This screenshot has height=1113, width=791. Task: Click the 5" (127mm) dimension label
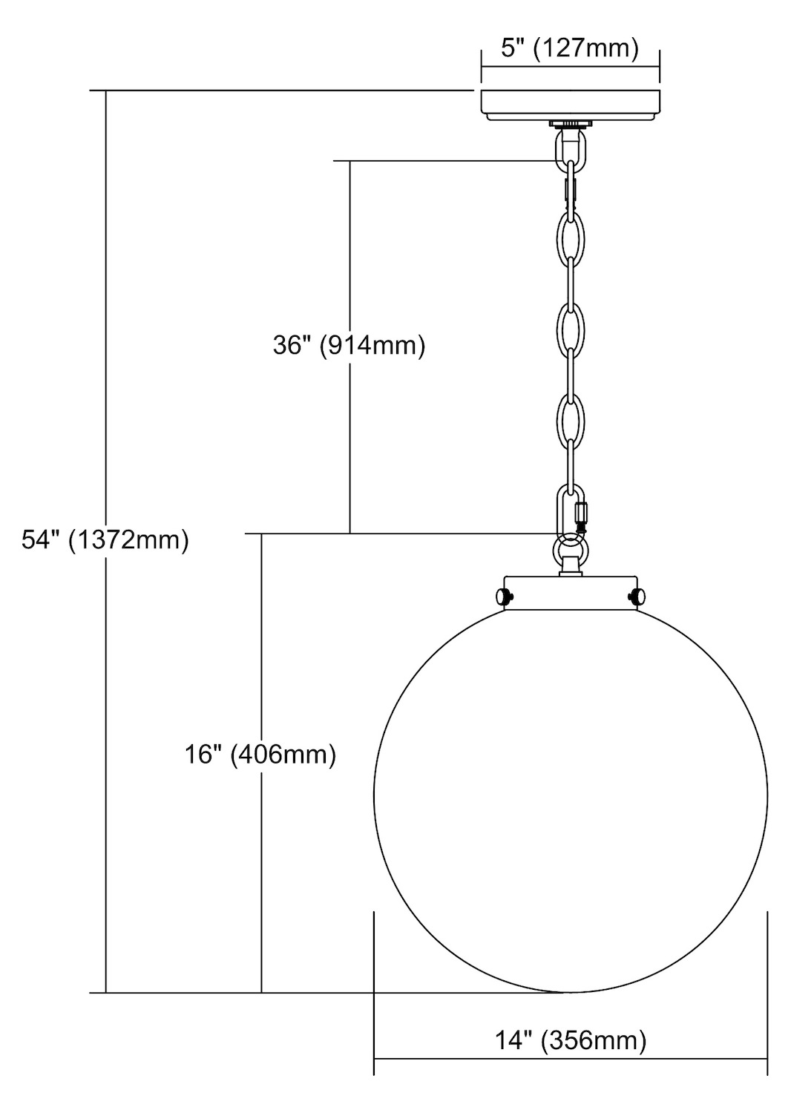[569, 49]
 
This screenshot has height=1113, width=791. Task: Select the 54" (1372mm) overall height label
[105, 540]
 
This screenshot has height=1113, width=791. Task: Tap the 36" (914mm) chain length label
[349, 345]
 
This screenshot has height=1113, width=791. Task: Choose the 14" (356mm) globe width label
[571, 1040]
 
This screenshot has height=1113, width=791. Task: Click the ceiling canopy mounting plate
[570, 105]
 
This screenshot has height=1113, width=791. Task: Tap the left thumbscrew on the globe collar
[505, 597]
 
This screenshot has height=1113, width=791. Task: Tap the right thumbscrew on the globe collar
[636, 597]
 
